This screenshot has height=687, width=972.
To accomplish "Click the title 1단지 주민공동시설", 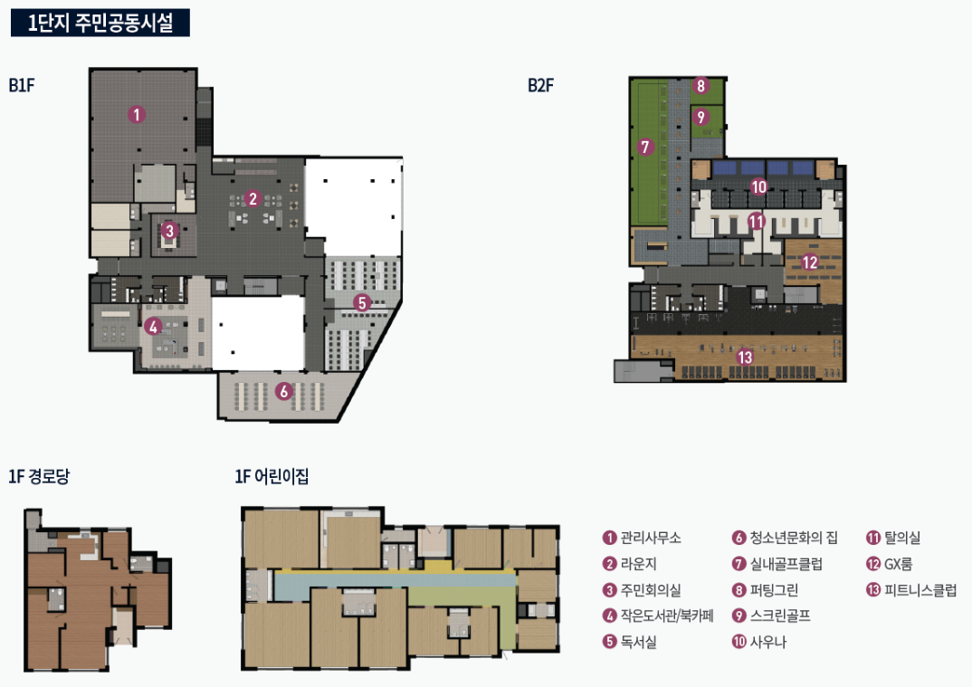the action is pos(100,23).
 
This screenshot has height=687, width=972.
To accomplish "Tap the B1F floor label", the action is pos(22,85).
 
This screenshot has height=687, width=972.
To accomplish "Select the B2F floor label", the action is pos(540,85).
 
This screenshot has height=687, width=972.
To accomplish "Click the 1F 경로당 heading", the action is pos(39,476).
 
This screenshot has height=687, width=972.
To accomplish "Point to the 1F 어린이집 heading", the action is pos(272,476).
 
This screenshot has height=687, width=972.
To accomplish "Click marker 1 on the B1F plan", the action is pos(137,114).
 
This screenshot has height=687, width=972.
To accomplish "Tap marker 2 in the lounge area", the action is pos(253,198).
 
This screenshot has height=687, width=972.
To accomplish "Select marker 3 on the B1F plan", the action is pos(169,231).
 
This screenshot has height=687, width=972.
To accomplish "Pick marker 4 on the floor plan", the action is pos(153,326).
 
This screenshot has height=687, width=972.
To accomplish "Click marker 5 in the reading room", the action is pos(362,302).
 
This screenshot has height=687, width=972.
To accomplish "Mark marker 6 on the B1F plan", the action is pos(284,391).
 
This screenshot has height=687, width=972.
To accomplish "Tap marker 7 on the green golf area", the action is pos(645,147).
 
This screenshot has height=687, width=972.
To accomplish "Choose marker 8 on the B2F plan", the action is pos(700,86).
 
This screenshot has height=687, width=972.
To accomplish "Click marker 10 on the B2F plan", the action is pos(758,186).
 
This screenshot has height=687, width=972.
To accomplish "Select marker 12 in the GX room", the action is pos(810,262).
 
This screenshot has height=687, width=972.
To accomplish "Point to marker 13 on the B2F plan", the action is pos(745,358).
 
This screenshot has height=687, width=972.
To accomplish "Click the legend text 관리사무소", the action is pos(651,538).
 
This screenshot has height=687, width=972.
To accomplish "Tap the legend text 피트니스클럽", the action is pos(920,589).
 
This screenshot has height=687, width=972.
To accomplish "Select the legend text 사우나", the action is pos(768,642).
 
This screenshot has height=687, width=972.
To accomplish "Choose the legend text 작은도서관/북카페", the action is pos(667,615).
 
